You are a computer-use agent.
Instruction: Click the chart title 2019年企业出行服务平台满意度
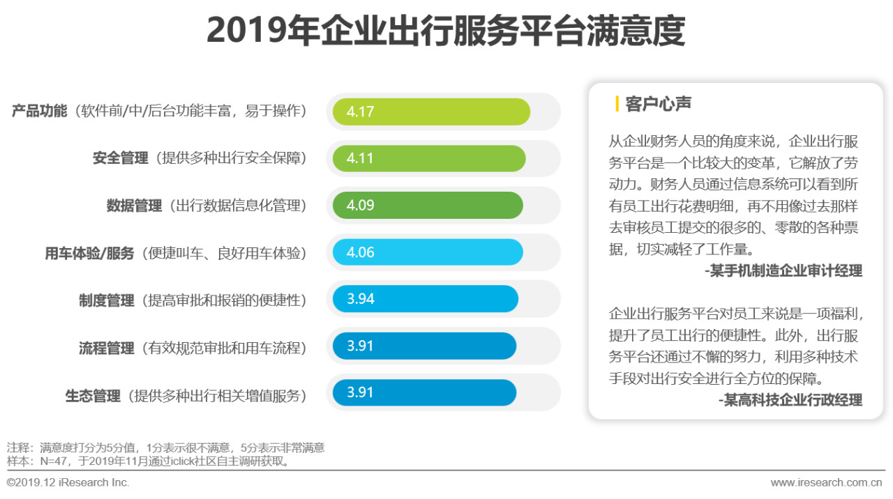[x=446, y=31]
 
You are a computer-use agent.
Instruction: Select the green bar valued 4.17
[x=431, y=112]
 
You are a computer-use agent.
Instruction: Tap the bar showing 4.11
[x=428, y=158]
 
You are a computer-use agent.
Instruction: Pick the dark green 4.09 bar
[x=427, y=206]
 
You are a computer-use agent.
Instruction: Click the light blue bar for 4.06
[x=427, y=252]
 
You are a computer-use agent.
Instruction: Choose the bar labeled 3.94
[x=425, y=299]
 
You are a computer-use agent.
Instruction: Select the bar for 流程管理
[x=424, y=346]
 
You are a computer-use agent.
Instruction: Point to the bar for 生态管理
[x=424, y=392]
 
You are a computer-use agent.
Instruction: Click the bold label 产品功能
[x=40, y=111]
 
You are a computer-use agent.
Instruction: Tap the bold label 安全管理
[x=121, y=158]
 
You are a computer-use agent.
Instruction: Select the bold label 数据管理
[x=135, y=206]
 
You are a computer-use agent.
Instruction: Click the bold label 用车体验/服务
[x=89, y=253]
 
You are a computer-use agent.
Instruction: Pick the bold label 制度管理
[x=107, y=300]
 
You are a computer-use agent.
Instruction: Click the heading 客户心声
[x=659, y=105]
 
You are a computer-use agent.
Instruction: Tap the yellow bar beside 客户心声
[x=617, y=105]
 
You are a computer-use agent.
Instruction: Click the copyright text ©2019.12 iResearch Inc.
[x=68, y=482]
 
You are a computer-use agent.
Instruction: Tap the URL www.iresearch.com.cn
[x=827, y=482]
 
